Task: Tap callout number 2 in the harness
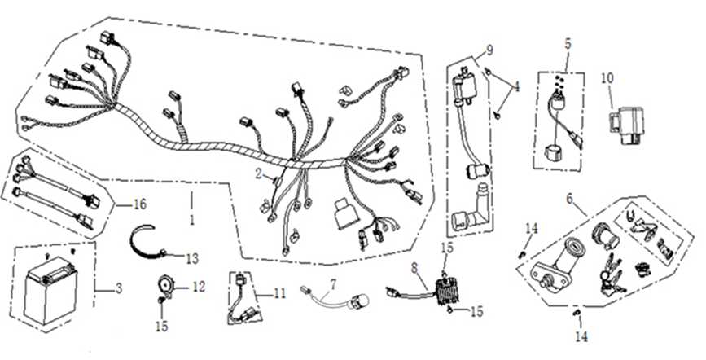coord(258,173)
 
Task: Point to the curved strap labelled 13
coord(147,241)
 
